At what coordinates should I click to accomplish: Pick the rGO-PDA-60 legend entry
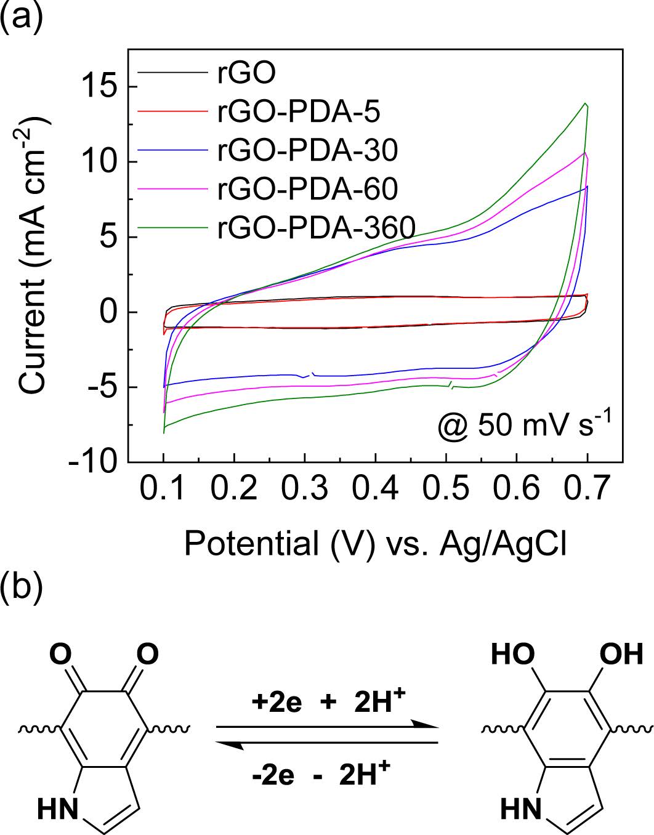(307, 188)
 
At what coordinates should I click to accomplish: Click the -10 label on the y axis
(92, 462)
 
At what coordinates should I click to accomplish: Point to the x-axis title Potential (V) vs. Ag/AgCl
(375, 544)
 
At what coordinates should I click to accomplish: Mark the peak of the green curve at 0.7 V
(586, 103)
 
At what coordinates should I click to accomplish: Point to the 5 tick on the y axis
(109, 237)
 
